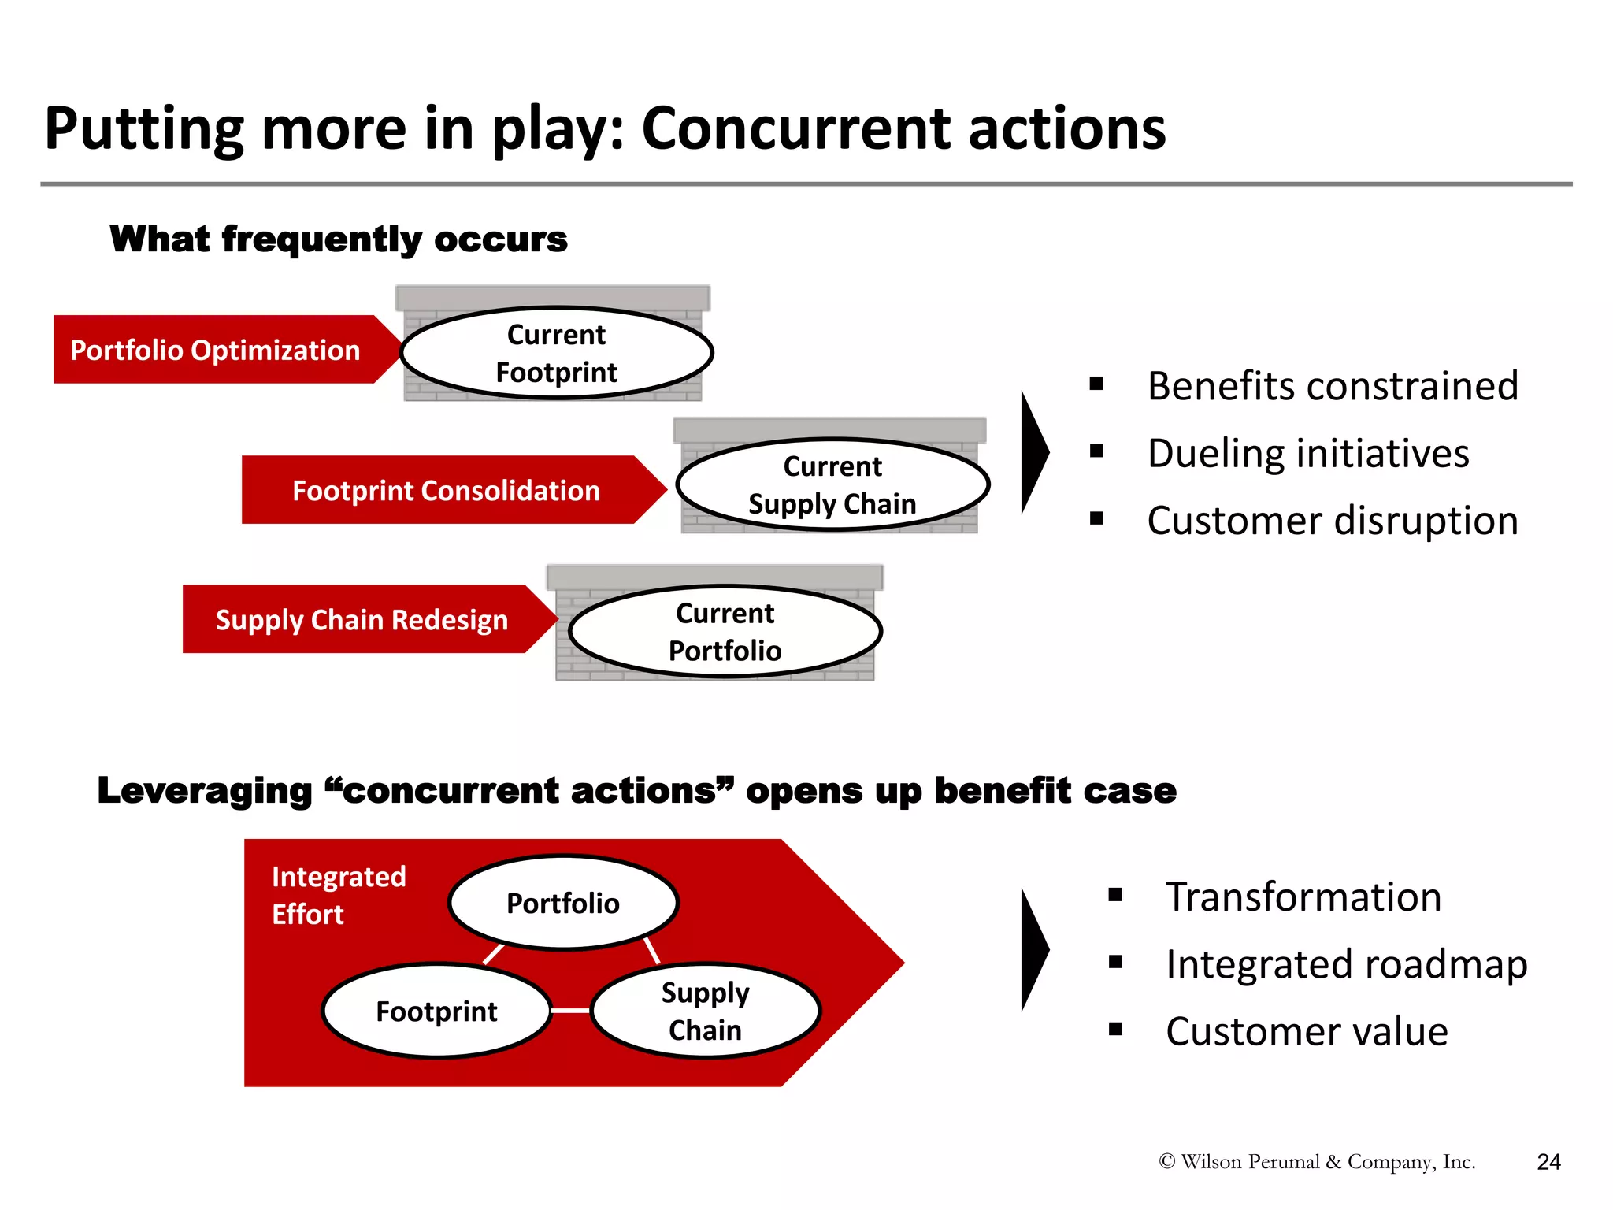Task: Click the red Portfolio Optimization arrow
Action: (x=215, y=350)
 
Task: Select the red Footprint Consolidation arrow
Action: (x=446, y=490)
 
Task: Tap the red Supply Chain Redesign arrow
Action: (x=362, y=619)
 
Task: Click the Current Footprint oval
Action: (x=556, y=353)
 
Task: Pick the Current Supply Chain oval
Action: (x=832, y=484)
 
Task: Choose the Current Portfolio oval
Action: (x=725, y=632)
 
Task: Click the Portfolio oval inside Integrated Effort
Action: (x=562, y=903)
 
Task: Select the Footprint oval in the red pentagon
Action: (x=436, y=1011)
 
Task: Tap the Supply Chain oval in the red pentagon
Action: (x=705, y=1011)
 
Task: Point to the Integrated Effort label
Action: (x=338, y=895)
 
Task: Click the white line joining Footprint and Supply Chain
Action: (x=570, y=1010)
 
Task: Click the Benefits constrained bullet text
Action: (x=1332, y=386)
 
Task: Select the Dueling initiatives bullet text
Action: (x=1307, y=454)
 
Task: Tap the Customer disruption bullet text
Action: (x=1332, y=521)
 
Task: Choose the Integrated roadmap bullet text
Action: (x=1346, y=964)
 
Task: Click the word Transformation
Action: (x=1303, y=897)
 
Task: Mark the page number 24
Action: (x=1548, y=1162)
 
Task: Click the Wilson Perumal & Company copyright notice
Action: (x=1317, y=1162)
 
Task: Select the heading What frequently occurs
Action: (x=339, y=239)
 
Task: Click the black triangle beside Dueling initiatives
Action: (x=1033, y=453)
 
